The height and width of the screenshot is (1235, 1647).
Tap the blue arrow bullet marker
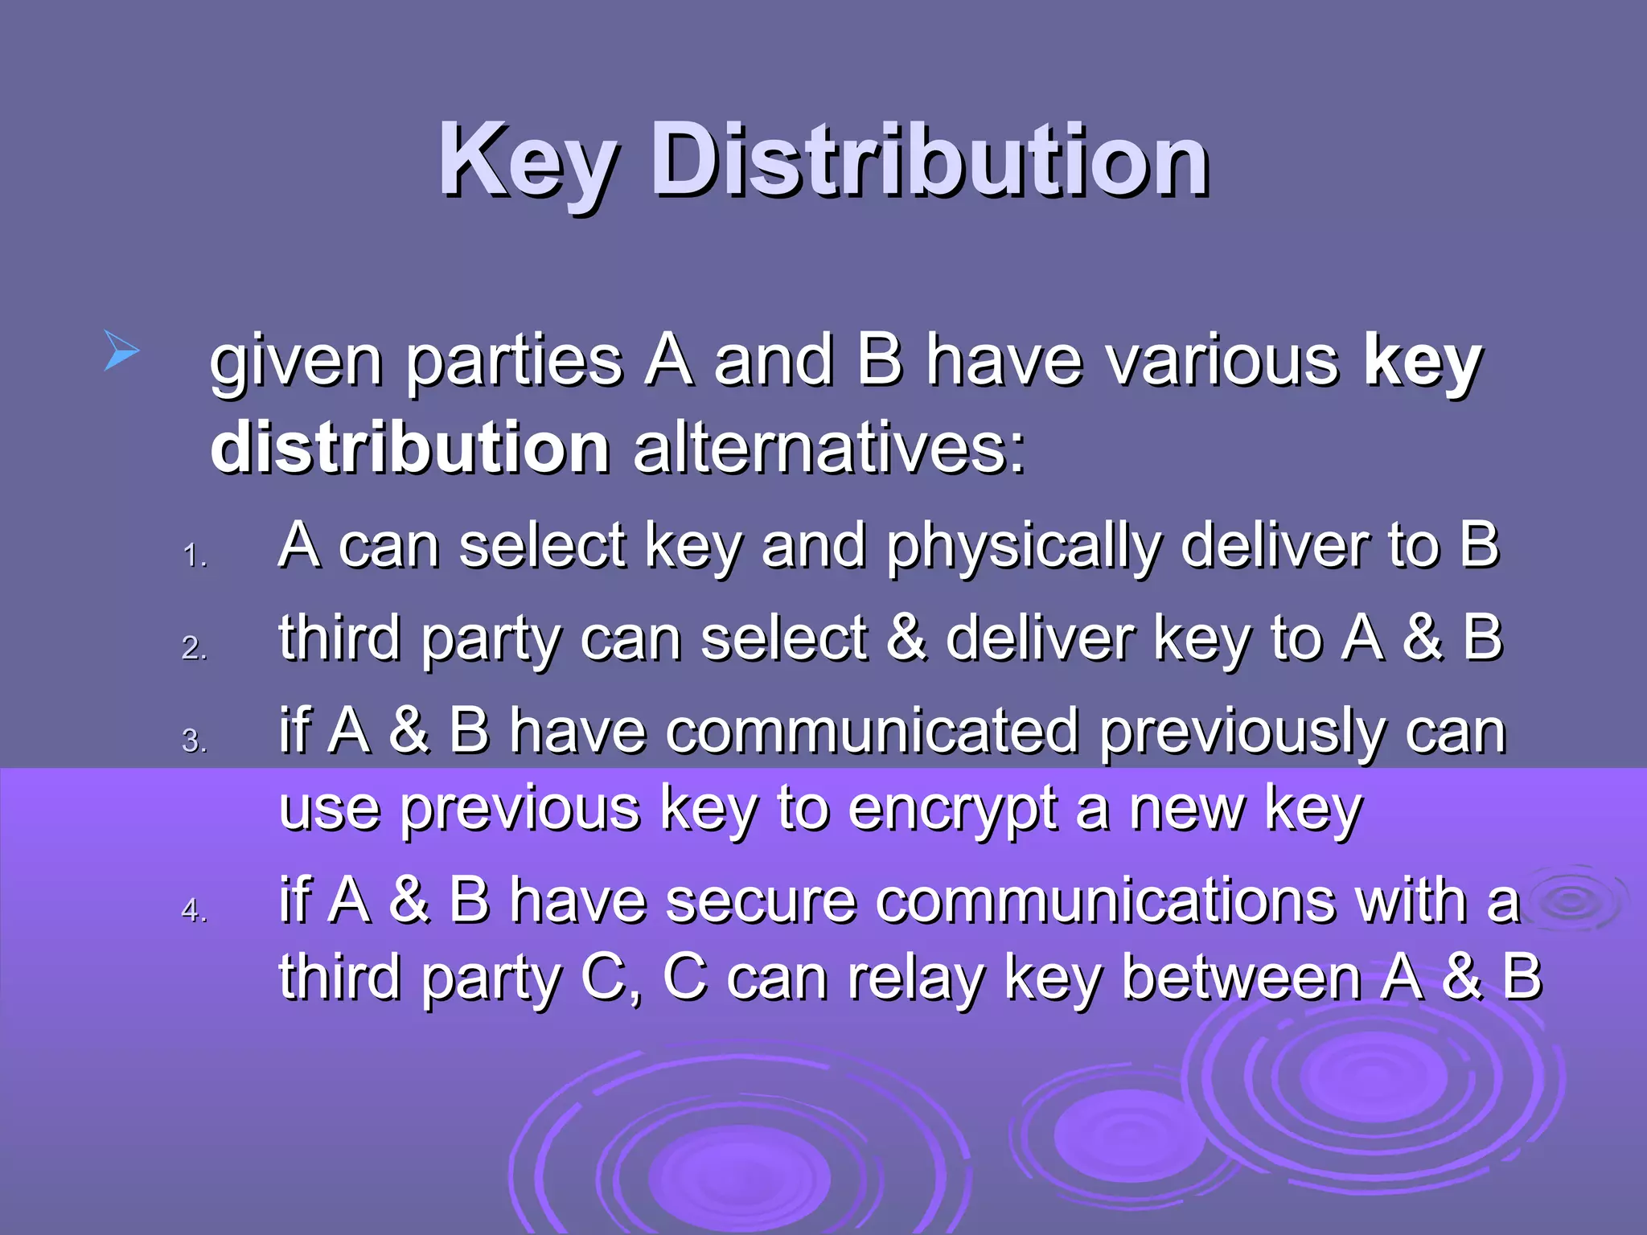point(121,351)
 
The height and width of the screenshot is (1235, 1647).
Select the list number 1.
point(194,556)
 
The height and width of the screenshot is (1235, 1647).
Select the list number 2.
point(194,648)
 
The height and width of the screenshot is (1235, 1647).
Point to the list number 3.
point(194,741)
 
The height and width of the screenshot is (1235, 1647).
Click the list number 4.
point(194,910)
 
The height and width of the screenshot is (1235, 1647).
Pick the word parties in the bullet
point(514,361)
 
